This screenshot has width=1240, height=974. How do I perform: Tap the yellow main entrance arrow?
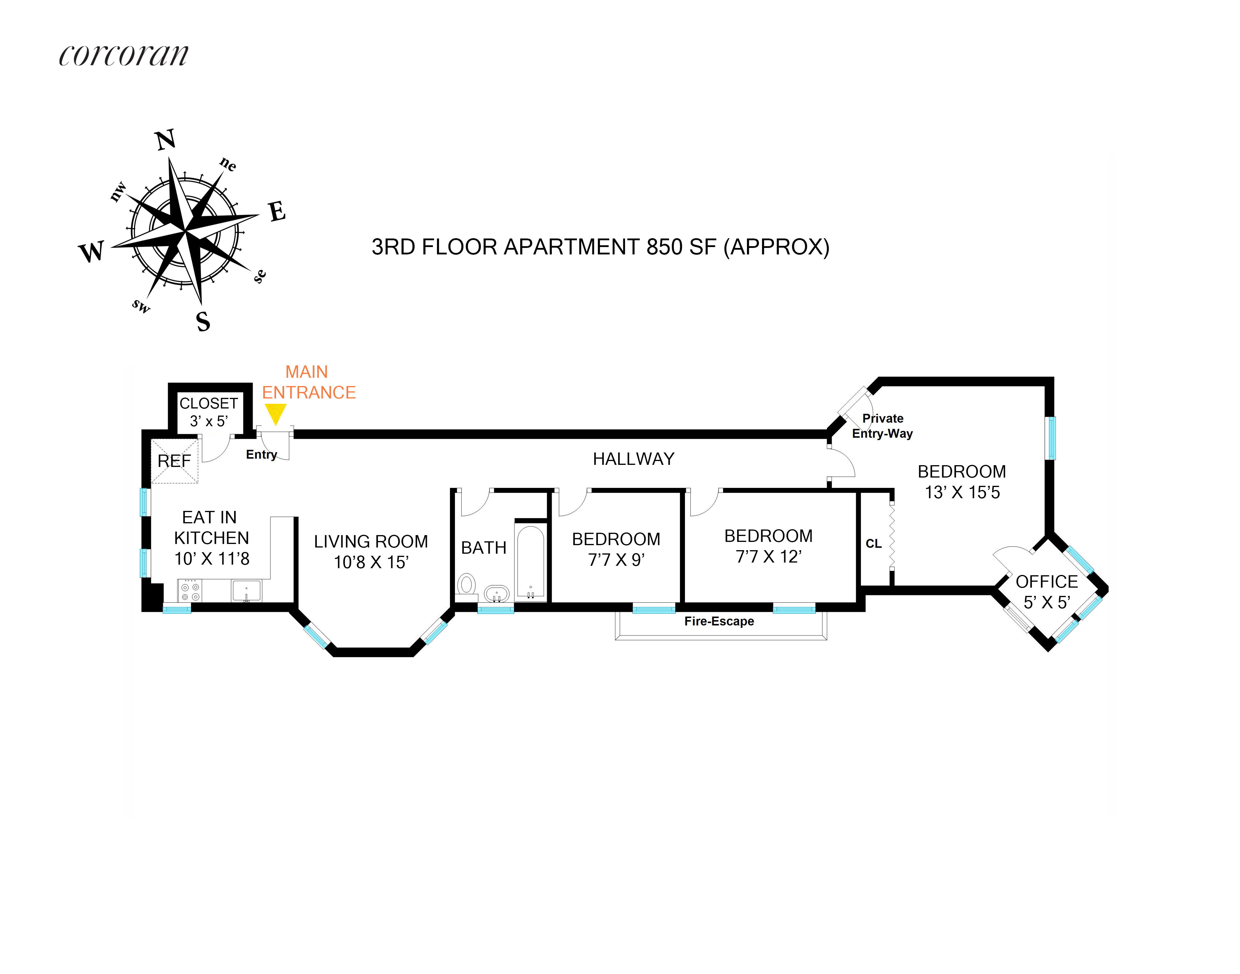pyautogui.click(x=275, y=413)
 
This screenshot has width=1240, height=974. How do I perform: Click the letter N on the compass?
pyautogui.click(x=165, y=140)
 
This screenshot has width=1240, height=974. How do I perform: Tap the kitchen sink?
pyautogui.click(x=247, y=591)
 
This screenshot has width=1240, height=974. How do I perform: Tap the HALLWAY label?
pyautogui.click(x=633, y=459)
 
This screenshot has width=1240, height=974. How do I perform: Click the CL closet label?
pyautogui.click(x=873, y=543)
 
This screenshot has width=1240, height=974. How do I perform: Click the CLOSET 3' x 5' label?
pyautogui.click(x=209, y=412)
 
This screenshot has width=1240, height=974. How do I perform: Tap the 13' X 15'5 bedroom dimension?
pyautogui.click(x=962, y=492)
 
